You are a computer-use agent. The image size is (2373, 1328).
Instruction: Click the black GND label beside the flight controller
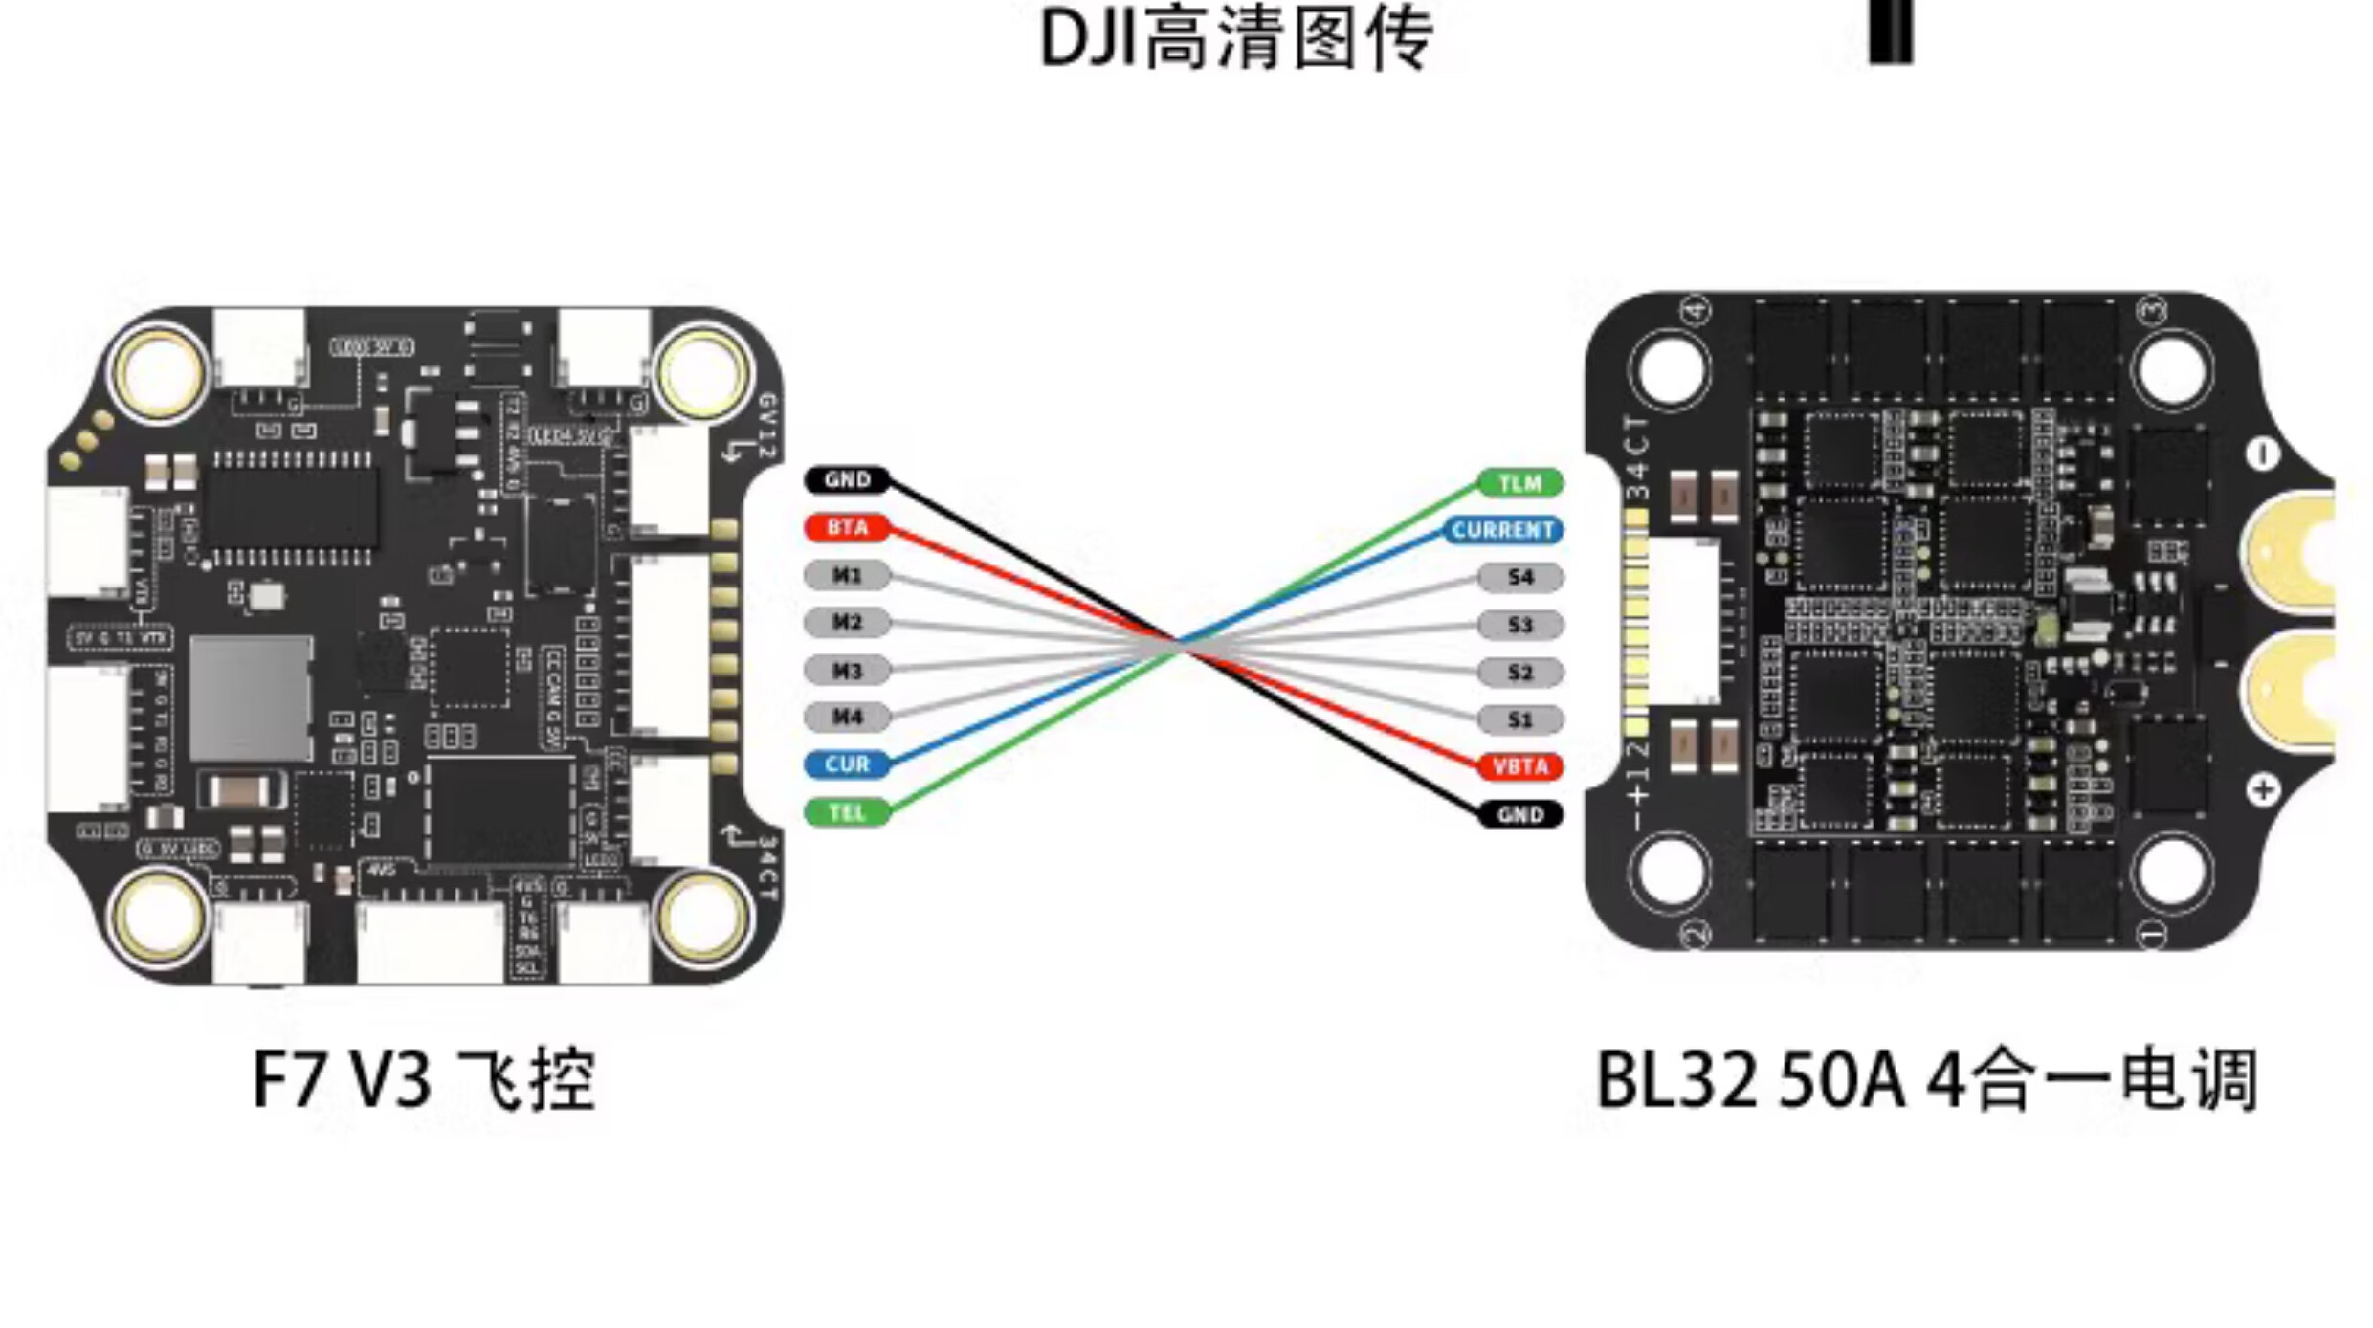(x=847, y=479)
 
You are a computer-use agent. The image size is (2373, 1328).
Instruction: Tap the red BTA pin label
(x=847, y=527)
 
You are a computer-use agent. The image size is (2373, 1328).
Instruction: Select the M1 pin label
(x=847, y=575)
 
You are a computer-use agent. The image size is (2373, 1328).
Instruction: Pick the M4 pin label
(x=847, y=717)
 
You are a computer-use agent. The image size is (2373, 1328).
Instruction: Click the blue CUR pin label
(x=847, y=764)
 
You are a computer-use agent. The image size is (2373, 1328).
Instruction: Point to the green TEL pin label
(x=847, y=812)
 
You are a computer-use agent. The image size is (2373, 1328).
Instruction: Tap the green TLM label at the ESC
(x=1520, y=483)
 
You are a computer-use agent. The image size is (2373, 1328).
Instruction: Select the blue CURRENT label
(x=1502, y=530)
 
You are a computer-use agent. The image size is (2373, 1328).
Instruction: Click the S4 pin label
(x=1520, y=577)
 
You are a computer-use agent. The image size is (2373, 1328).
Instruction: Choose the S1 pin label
(x=1520, y=719)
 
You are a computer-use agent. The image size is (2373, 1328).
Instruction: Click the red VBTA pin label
(x=1520, y=766)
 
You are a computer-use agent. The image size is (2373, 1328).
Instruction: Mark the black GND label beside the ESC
(x=1520, y=814)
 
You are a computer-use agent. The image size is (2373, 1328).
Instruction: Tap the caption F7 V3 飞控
(x=424, y=1080)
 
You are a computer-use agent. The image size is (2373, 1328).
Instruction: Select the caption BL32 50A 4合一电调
(x=1927, y=1080)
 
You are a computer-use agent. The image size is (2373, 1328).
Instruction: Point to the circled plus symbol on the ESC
(x=2263, y=790)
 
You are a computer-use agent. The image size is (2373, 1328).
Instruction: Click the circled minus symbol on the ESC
(x=2262, y=454)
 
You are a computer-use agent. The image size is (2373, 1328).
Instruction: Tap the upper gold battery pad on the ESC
(x=2292, y=555)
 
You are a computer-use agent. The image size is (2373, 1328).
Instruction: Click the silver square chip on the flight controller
(x=251, y=698)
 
